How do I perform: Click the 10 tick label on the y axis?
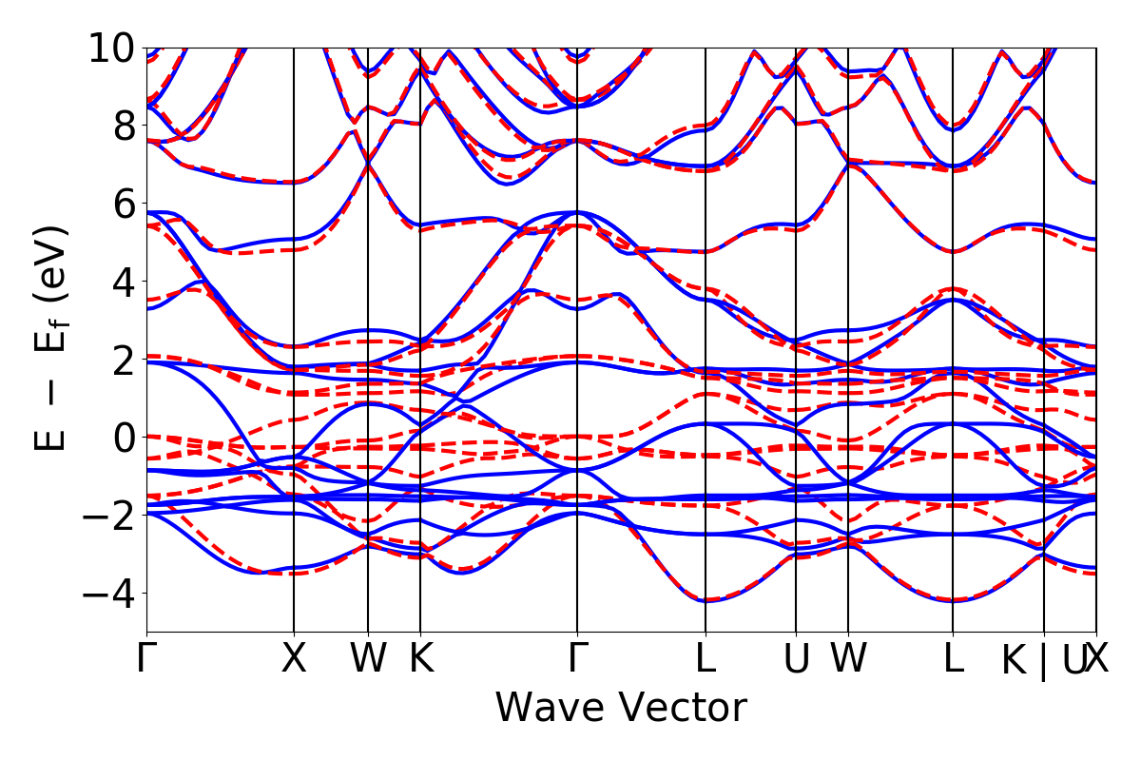tap(112, 48)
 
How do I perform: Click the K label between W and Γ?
tap(421, 659)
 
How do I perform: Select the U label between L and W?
tap(796, 659)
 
